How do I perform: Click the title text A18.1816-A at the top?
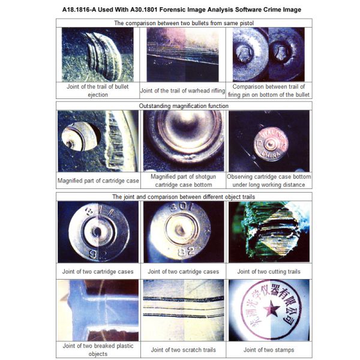[x=78, y=10]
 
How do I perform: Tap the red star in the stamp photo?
[x=271, y=308]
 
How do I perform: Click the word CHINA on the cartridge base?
[x=271, y=155]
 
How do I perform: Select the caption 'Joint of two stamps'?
[x=269, y=350]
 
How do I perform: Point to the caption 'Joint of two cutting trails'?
[x=269, y=272]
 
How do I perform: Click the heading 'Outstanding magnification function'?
[x=184, y=106]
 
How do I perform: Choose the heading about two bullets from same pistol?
[x=184, y=23]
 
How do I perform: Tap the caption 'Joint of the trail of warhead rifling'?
[x=182, y=91]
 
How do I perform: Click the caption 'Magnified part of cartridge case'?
[x=98, y=181]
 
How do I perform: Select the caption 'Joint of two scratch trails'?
[x=183, y=350]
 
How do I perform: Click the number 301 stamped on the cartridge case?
[x=181, y=208]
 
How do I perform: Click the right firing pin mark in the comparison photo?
[x=281, y=52]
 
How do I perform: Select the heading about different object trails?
[x=184, y=197]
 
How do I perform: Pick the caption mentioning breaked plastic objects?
[x=98, y=350]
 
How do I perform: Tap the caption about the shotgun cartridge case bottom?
[x=183, y=181]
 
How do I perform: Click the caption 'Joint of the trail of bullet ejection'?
[x=98, y=91]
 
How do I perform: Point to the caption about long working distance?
[x=269, y=181]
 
